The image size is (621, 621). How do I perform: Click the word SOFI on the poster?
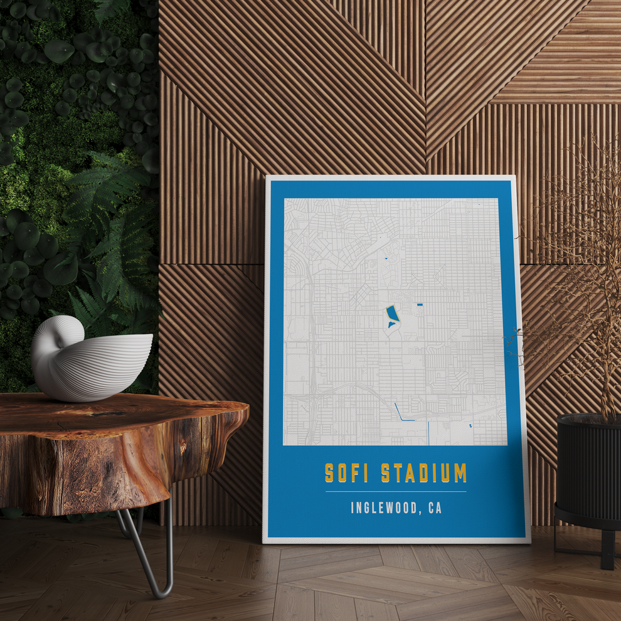[x=346, y=473]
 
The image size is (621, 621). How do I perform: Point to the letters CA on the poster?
[x=435, y=507]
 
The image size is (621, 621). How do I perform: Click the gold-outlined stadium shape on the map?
[x=392, y=313]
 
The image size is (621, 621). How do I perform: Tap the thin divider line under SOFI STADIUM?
[x=396, y=492]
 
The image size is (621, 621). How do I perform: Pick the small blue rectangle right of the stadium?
[x=420, y=304]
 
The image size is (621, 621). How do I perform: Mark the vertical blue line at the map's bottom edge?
[x=428, y=433]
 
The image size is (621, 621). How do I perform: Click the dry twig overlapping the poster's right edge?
[x=517, y=342]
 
